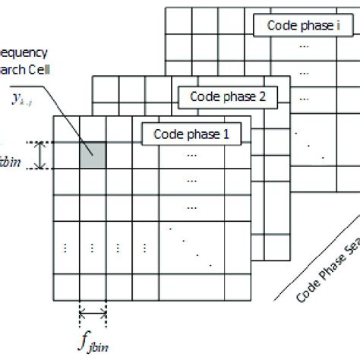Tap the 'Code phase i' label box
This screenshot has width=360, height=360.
(298, 25)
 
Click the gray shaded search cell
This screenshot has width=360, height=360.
(93, 155)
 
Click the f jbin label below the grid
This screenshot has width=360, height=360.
(91, 339)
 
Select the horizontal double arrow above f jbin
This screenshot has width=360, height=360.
(92, 312)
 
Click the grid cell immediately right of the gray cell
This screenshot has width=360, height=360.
(119, 155)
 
